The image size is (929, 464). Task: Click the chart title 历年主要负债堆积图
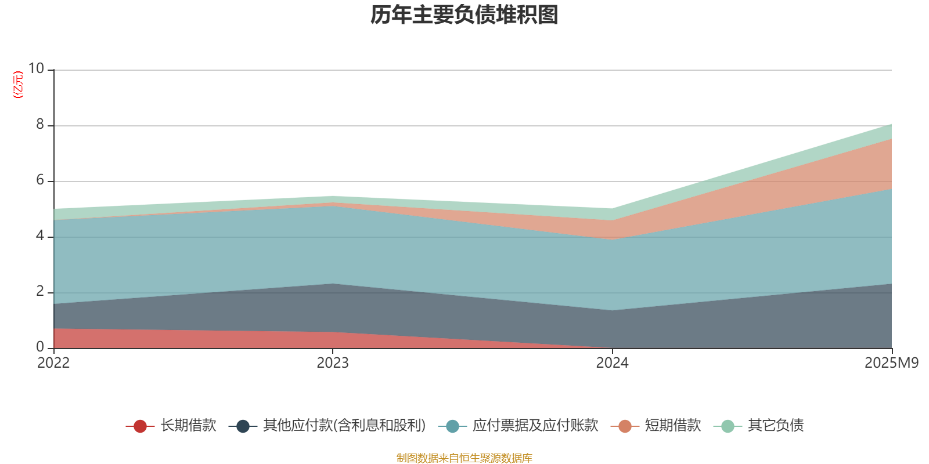pyautogui.click(x=464, y=16)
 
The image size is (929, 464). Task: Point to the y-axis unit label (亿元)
pyautogui.click(x=18, y=85)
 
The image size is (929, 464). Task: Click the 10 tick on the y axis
pyautogui.click(x=36, y=68)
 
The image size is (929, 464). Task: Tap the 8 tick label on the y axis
pyautogui.click(x=40, y=124)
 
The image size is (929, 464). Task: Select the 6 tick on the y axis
pyautogui.click(x=40, y=180)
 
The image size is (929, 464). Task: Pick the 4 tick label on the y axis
pyautogui.click(x=40, y=235)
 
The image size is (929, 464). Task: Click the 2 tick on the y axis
pyautogui.click(x=40, y=291)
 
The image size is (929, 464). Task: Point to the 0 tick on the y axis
pyautogui.click(x=40, y=347)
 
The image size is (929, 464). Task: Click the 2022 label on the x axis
pyautogui.click(x=53, y=363)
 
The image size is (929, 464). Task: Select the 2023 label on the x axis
pyautogui.click(x=333, y=363)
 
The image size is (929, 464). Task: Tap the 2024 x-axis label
pyautogui.click(x=612, y=363)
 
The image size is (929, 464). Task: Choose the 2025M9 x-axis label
pyautogui.click(x=891, y=363)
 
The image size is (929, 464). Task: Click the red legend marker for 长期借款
pyautogui.click(x=140, y=426)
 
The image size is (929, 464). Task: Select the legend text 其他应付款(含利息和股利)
pyautogui.click(x=344, y=426)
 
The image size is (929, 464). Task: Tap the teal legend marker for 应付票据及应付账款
pyautogui.click(x=452, y=426)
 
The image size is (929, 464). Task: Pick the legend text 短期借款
pyautogui.click(x=673, y=426)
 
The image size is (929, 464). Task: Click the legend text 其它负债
pyautogui.click(x=776, y=426)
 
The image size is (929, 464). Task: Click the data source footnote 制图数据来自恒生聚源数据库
pyautogui.click(x=464, y=458)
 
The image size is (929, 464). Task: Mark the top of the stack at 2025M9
pyautogui.click(x=891, y=124)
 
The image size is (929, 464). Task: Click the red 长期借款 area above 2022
pyautogui.click(x=64, y=339)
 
